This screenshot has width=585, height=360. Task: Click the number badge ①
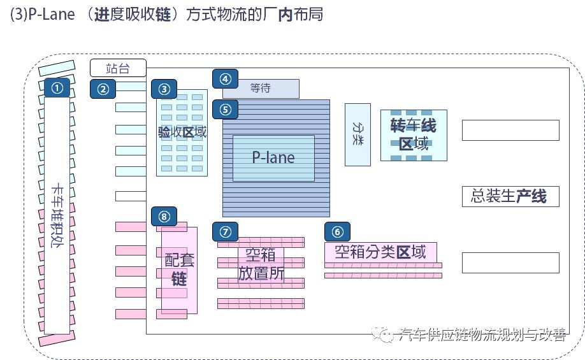[x=57, y=89]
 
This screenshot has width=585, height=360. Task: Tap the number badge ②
[x=103, y=89]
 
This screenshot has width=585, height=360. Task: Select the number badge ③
[x=164, y=89]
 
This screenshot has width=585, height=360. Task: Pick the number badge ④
[x=225, y=78]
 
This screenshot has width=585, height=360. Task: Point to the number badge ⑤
[x=225, y=109]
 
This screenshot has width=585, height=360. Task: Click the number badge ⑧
[x=164, y=217]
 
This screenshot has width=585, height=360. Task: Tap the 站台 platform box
[x=118, y=68]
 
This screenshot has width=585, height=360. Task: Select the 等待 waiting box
[x=261, y=89]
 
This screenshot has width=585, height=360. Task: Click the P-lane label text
[x=273, y=157]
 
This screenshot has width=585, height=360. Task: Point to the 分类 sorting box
[x=357, y=134]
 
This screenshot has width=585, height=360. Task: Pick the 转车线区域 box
[x=413, y=134]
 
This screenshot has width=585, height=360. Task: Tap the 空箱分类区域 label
[x=380, y=252]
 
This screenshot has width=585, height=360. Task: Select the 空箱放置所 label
[x=261, y=264]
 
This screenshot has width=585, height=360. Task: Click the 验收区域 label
[x=182, y=132]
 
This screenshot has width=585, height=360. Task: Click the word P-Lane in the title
[x=52, y=15]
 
